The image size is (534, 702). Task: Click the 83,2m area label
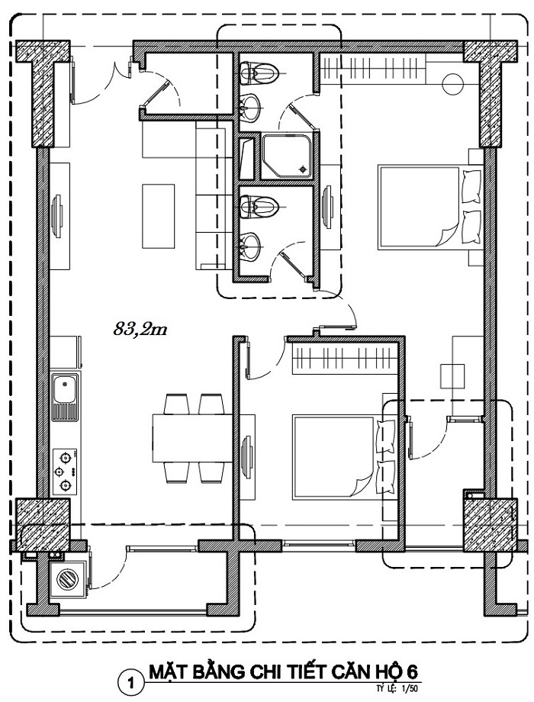point(140,330)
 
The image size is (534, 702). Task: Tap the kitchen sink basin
point(64,388)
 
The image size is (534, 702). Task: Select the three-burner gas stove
point(65,472)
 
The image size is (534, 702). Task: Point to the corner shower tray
point(288,156)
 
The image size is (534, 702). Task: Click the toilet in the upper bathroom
point(259,72)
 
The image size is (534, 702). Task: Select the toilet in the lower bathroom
point(259,206)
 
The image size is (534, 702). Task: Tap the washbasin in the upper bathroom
point(249,108)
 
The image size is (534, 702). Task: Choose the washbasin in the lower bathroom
point(249,246)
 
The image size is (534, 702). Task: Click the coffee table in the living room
point(159,216)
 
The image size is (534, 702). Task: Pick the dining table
point(192,438)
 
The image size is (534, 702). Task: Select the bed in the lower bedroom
point(345,457)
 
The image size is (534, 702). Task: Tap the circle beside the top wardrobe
point(452,84)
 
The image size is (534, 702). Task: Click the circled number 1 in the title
point(131,683)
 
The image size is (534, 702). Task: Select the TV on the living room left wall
point(57,216)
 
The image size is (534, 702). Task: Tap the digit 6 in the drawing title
point(412,671)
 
